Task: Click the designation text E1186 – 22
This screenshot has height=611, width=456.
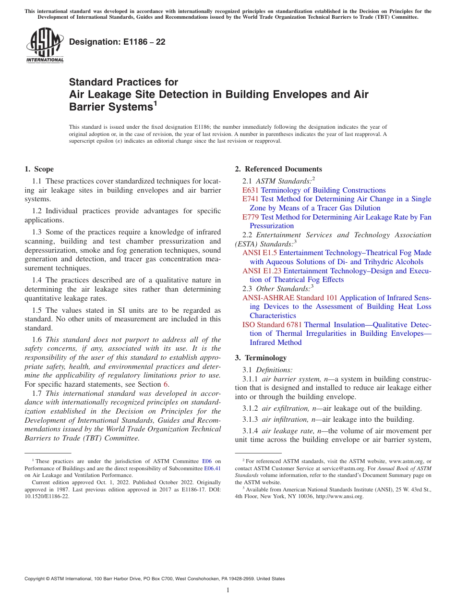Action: click(117, 42)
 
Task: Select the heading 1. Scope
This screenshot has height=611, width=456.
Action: click(39, 169)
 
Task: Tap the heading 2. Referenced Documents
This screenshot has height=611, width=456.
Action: click(278, 169)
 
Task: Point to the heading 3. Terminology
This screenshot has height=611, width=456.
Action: click(261, 358)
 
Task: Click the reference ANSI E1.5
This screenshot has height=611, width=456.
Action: click(260, 253)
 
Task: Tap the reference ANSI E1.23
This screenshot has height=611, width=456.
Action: click(262, 271)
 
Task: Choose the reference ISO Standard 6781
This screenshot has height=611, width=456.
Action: click(272, 325)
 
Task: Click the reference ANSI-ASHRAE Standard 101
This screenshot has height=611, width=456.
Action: click(290, 298)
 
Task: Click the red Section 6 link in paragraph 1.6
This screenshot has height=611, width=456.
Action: click(166, 384)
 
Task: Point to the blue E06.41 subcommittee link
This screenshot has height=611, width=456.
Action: click(212, 468)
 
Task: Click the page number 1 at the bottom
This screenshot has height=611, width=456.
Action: click(228, 590)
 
